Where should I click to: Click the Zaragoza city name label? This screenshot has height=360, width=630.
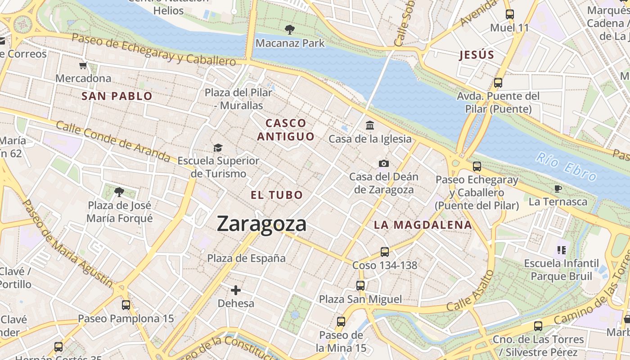[x=261, y=224]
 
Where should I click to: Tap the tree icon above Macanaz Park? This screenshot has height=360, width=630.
[x=290, y=30]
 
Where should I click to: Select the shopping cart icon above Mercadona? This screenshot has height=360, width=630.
[x=83, y=66]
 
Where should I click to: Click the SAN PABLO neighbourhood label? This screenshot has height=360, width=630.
[x=117, y=96]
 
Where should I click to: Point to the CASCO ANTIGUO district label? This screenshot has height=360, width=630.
[x=286, y=130]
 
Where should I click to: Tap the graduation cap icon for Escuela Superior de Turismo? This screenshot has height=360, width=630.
[x=218, y=148]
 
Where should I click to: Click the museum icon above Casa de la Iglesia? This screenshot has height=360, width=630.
[x=370, y=125]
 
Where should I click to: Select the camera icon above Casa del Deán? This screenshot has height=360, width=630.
[x=383, y=163]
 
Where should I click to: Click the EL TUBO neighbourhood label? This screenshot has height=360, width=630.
[x=277, y=195]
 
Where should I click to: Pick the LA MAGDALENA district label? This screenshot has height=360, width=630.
[x=423, y=225]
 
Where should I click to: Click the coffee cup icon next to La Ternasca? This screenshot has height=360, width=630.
[x=558, y=189]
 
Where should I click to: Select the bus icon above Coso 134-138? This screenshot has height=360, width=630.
[x=384, y=252]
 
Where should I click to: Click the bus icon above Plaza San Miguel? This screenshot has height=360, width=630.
[x=360, y=286]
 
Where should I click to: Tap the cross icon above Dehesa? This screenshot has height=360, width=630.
[x=236, y=290]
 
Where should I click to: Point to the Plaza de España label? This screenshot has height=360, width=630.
[x=246, y=258]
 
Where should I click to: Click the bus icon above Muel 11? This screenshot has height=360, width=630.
[x=509, y=14]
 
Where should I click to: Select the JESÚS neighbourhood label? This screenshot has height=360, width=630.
[x=477, y=55]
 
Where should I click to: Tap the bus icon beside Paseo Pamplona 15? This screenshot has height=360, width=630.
[x=126, y=305]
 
